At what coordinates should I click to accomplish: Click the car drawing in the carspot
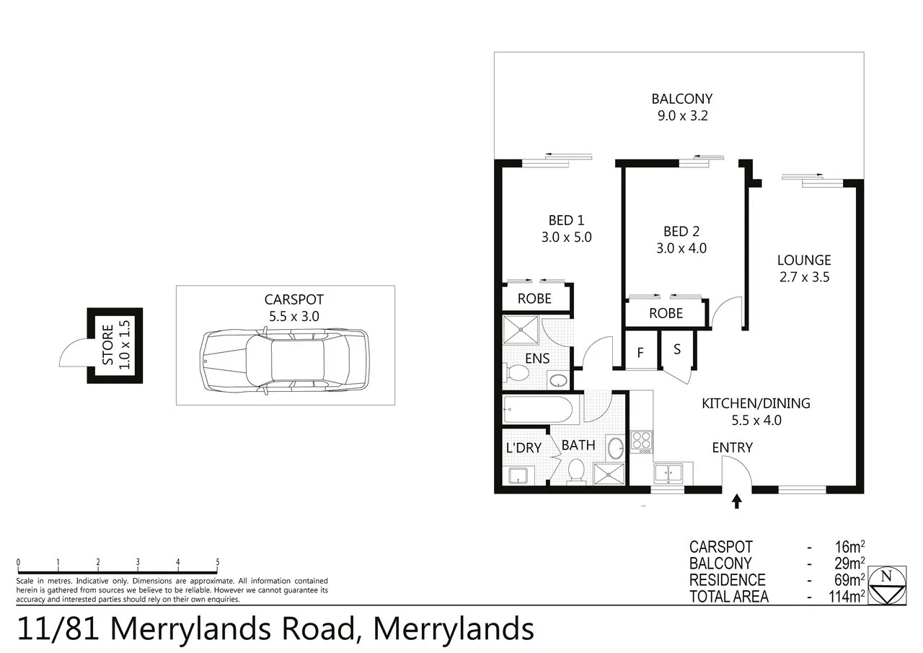[x=284, y=361]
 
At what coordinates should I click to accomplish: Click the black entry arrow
[x=736, y=501]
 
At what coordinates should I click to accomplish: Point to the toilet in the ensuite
[x=517, y=373]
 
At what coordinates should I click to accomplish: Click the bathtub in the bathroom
[x=538, y=410]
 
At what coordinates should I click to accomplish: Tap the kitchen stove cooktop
[x=641, y=440]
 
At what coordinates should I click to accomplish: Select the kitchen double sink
[x=668, y=473]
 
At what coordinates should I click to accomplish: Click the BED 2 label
[x=681, y=232]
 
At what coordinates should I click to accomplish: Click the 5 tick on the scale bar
[x=217, y=563]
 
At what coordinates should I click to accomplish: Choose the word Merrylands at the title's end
[x=454, y=628]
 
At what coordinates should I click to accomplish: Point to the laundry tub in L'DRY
[x=518, y=475]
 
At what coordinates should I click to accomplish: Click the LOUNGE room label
[x=803, y=260]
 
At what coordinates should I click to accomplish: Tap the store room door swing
[x=74, y=354]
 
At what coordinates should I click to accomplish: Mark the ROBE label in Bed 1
[x=534, y=298]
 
